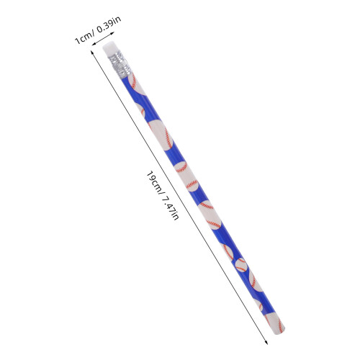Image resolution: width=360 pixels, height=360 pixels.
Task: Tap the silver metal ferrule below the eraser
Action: (x=120, y=65)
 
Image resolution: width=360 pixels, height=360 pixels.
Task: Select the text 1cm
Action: (x=83, y=39)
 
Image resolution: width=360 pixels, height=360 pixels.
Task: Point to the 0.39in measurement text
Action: (x=109, y=24)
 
